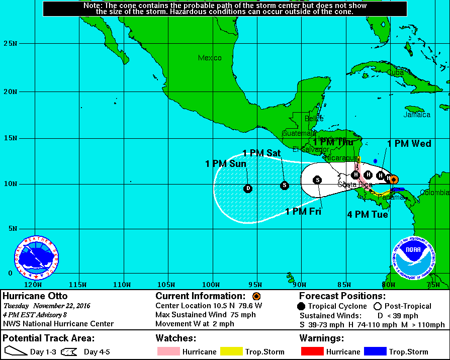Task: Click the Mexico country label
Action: click(x=210, y=58)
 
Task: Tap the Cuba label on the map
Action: click(x=396, y=72)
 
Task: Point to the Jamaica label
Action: click(x=417, y=115)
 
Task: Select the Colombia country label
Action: click(x=435, y=193)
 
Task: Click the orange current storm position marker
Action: click(x=394, y=179)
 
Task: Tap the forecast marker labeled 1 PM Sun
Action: click(x=247, y=189)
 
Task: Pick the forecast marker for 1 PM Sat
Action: click(x=285, y=185)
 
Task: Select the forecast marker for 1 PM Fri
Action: click(x=317, y=180)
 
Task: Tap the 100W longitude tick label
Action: click(x=212, y=285)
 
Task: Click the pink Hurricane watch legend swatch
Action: click(x=168, y=351)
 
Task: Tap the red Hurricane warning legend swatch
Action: click(x=313, y=351)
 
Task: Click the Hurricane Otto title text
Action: click(x=35, y=296)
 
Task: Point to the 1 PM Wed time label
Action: click(x=409, y=144)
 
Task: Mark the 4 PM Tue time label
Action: click(x=368, y=215)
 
